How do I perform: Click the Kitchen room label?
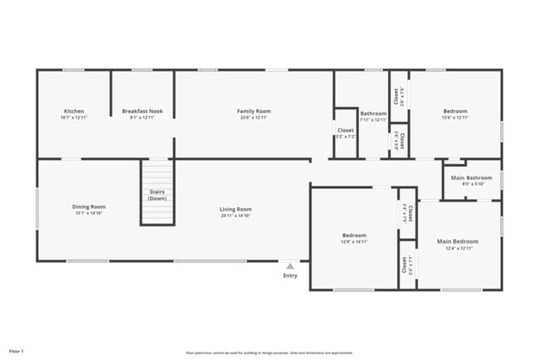pyautogui.click(x=74, y=111)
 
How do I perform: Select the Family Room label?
pyautogui.click(x=254, y=111)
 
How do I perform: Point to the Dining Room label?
pyautogui.click(x=89, y=207)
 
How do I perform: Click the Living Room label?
pyautogui.click(x=236, y=209)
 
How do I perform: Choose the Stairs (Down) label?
pyautogui.click(x=157, y=195)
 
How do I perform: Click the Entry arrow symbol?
pyautogui.click(x=289, y=266)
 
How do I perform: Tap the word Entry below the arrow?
pyautogui.click(x=289, y=275)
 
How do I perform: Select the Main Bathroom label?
pyautogui.click(x=471, y=178)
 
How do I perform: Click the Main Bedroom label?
pyautogui.click(x=458, y=241)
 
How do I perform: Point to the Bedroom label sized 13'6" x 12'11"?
pyautogui.click(x=454, y=111)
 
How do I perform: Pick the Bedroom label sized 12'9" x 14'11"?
pyautogui.click(x=354, y=236)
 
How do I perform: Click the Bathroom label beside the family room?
pyautogui.click(x=373, y=113)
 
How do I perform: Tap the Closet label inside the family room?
pyautogui.click(x=345, y=130)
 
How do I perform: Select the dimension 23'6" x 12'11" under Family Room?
pyautogui.click(x=254, y=118)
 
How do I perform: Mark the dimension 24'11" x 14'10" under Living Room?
pyautogui.click(x=236, y=216)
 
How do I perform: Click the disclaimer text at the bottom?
pyautogui.click(x=269, y=352)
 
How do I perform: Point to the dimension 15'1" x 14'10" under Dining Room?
pyautogui.click(x=89, y=213)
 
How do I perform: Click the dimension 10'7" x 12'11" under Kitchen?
pyautogui.click(x=74, y=118)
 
